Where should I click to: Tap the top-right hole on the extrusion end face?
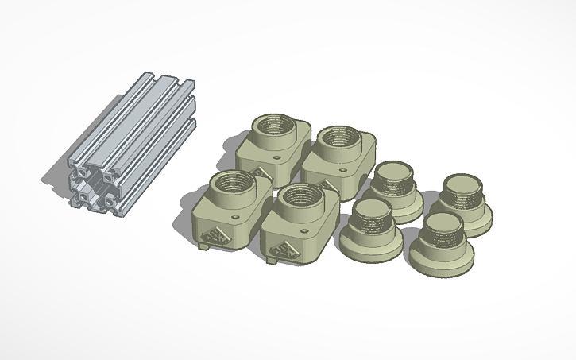pos(104,178)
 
